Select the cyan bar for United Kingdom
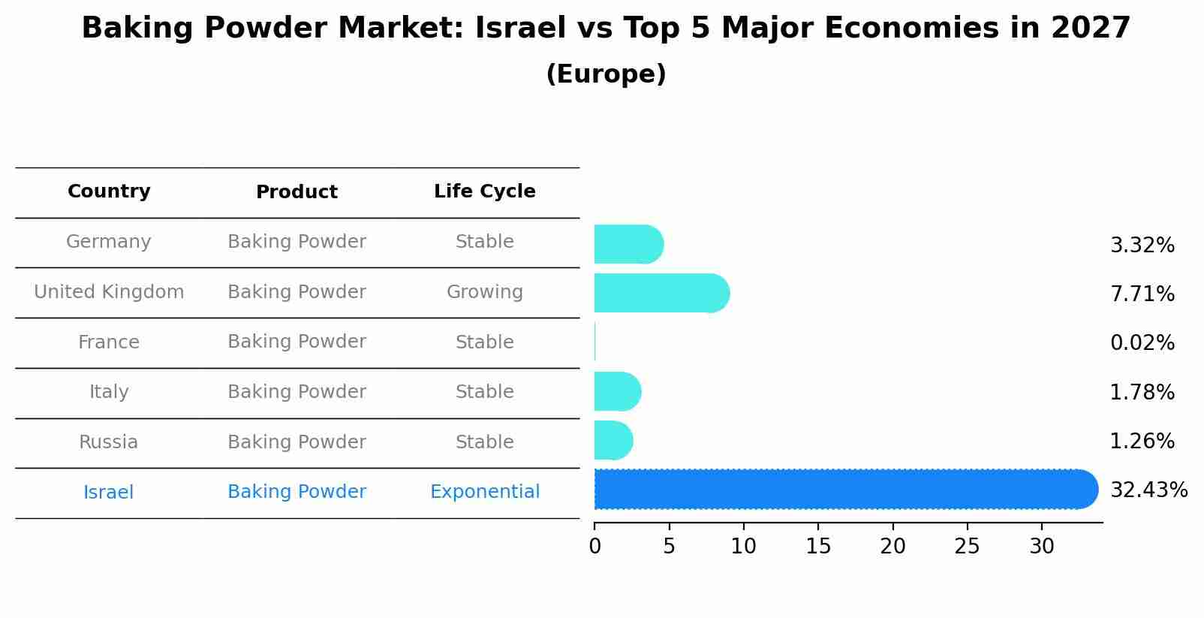point(661,293)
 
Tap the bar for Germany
point(628,244)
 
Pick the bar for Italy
point(617,391)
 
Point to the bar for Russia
point(613,440)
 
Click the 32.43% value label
point(1148,490)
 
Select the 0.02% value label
point(1142,343)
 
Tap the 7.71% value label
point(1142,294)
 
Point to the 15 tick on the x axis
point(818,547)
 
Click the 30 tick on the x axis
point(1042,547)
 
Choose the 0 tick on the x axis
point(595,547)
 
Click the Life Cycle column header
point(484,191)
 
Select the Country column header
point(109,191)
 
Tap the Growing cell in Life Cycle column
point(484,292)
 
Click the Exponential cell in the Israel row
point(484,492)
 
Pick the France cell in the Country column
point(109,342)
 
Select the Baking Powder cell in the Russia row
point(296,442)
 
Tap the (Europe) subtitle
point(606,74)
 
